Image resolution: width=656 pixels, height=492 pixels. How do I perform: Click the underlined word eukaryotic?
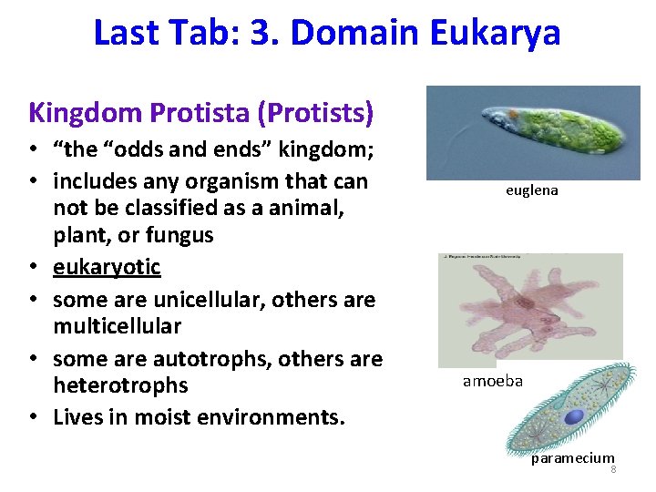pos(107,267)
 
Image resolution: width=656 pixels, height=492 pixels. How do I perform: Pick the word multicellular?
pos(118,325)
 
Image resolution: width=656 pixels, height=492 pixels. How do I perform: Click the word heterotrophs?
pos(120,385)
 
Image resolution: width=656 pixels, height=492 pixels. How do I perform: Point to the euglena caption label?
pos(531,190)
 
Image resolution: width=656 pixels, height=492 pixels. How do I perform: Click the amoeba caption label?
pos(492,381)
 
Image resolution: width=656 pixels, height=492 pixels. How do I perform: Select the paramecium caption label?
pos(572,458)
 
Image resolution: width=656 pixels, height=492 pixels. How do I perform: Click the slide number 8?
pos(613,470)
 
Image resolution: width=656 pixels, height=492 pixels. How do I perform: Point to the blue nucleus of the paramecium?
pos(574,416)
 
